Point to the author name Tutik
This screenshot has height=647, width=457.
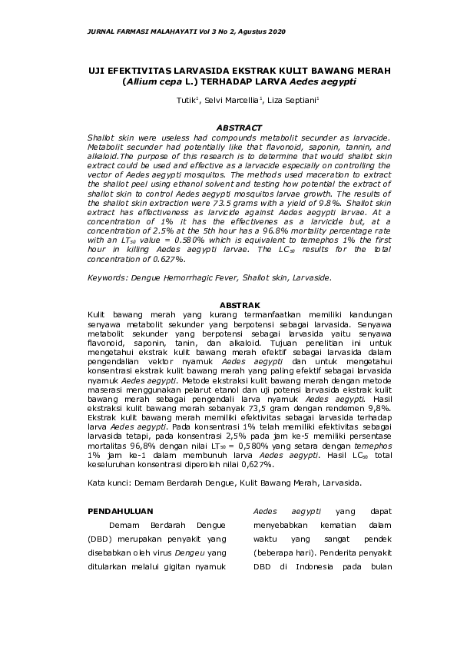point(185,100)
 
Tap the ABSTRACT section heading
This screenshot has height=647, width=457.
point(239,128)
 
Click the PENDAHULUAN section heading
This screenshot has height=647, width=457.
point(121,510)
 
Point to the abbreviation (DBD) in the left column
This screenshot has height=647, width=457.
point(101,539)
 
